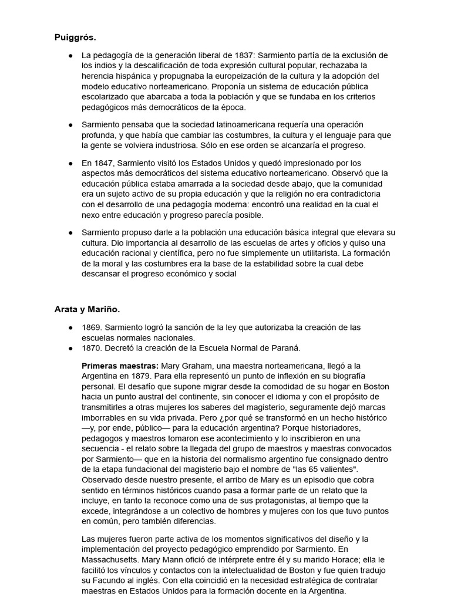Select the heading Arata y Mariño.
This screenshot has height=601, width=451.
point(87,309)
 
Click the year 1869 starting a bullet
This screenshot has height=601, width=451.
point(91,327)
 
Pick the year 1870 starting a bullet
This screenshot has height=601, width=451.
point(91,348)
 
